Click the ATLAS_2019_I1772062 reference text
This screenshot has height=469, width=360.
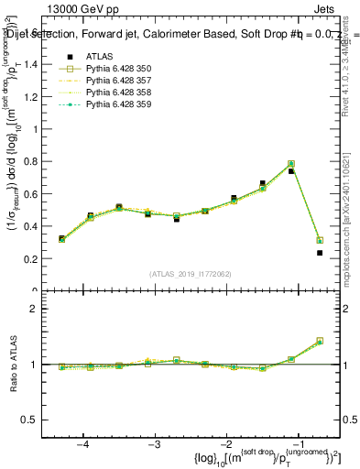190,274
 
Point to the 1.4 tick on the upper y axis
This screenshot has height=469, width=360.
38,64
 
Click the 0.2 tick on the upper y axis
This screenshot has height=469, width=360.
38,259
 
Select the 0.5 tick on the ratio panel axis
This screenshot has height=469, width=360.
38,420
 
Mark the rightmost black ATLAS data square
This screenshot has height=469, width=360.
320,253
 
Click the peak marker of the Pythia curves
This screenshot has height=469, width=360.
291,164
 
